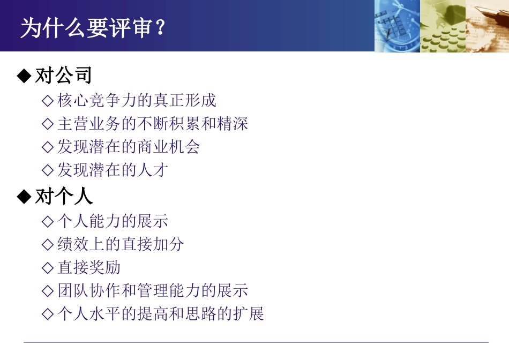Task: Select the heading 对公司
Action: click(64, 76)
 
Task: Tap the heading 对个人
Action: click(64, 197)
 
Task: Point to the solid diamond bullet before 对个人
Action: click(24, 197)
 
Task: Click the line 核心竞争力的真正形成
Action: click(137, 100)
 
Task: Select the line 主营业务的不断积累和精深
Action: click(153, 124)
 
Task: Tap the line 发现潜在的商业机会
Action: click(129, 147)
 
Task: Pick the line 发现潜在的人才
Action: click(113, 170)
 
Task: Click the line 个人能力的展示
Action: click(113, 221)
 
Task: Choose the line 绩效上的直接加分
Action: click(121, 244)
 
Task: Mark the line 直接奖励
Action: click(89, 267)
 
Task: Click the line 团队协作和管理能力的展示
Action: click(153, 291)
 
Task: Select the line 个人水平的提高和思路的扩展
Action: click(161, 314)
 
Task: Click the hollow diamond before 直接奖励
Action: click(48, 268)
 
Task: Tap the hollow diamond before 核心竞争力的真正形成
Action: click(48, 101)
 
